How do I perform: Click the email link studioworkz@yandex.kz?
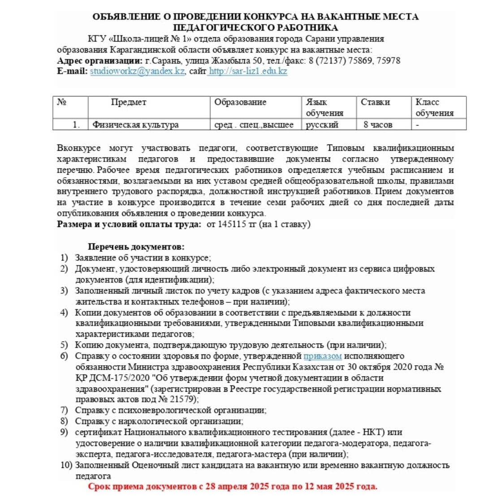pos(137,71)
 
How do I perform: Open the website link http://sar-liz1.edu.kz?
pos(248,71)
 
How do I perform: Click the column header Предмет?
pos(129,102)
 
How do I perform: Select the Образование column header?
pos(240,102)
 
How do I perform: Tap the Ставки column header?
pos(375,102)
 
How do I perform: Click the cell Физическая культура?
pos(135,125)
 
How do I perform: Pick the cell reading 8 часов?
pos(378,125)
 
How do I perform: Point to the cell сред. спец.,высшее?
pos(254,125)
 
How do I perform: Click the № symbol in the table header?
pos(62,102)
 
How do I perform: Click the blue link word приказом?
pos(323,356)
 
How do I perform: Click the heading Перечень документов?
pos(136,247)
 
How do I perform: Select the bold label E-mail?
pos(73,71)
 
